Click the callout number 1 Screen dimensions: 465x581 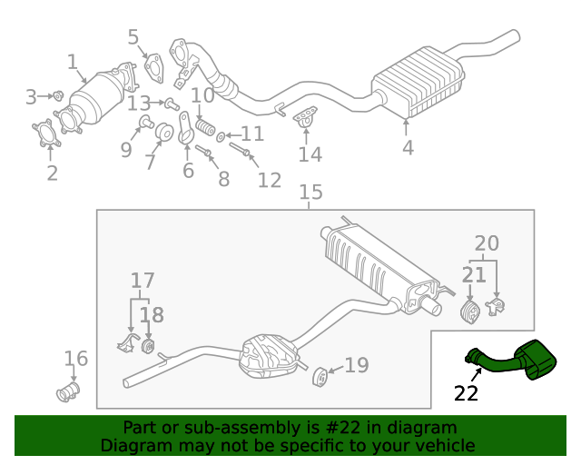(72, 63)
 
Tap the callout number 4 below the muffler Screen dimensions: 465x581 (408, 147)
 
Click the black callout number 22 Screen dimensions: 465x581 (466, 393)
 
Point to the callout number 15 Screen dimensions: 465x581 (310, 193)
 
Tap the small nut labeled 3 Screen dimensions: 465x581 (57, 95)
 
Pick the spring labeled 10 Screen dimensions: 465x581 (207, 126)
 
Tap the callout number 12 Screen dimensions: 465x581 (269, 180)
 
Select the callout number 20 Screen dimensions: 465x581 (487, 243)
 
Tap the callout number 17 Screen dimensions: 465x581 (143, 282)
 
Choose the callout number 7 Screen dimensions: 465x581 (150, 162)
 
